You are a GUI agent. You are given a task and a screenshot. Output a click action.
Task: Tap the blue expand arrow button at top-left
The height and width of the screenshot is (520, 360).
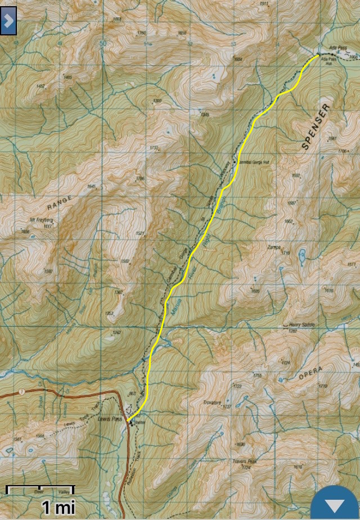tap(8, 21)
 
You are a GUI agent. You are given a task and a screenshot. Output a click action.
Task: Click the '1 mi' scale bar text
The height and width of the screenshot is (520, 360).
tap(58, 508)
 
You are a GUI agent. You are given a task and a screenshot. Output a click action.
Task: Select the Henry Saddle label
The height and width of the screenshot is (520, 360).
tap(300, 325)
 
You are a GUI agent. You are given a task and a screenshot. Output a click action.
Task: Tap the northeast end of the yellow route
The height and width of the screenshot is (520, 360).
tap(318, 56)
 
